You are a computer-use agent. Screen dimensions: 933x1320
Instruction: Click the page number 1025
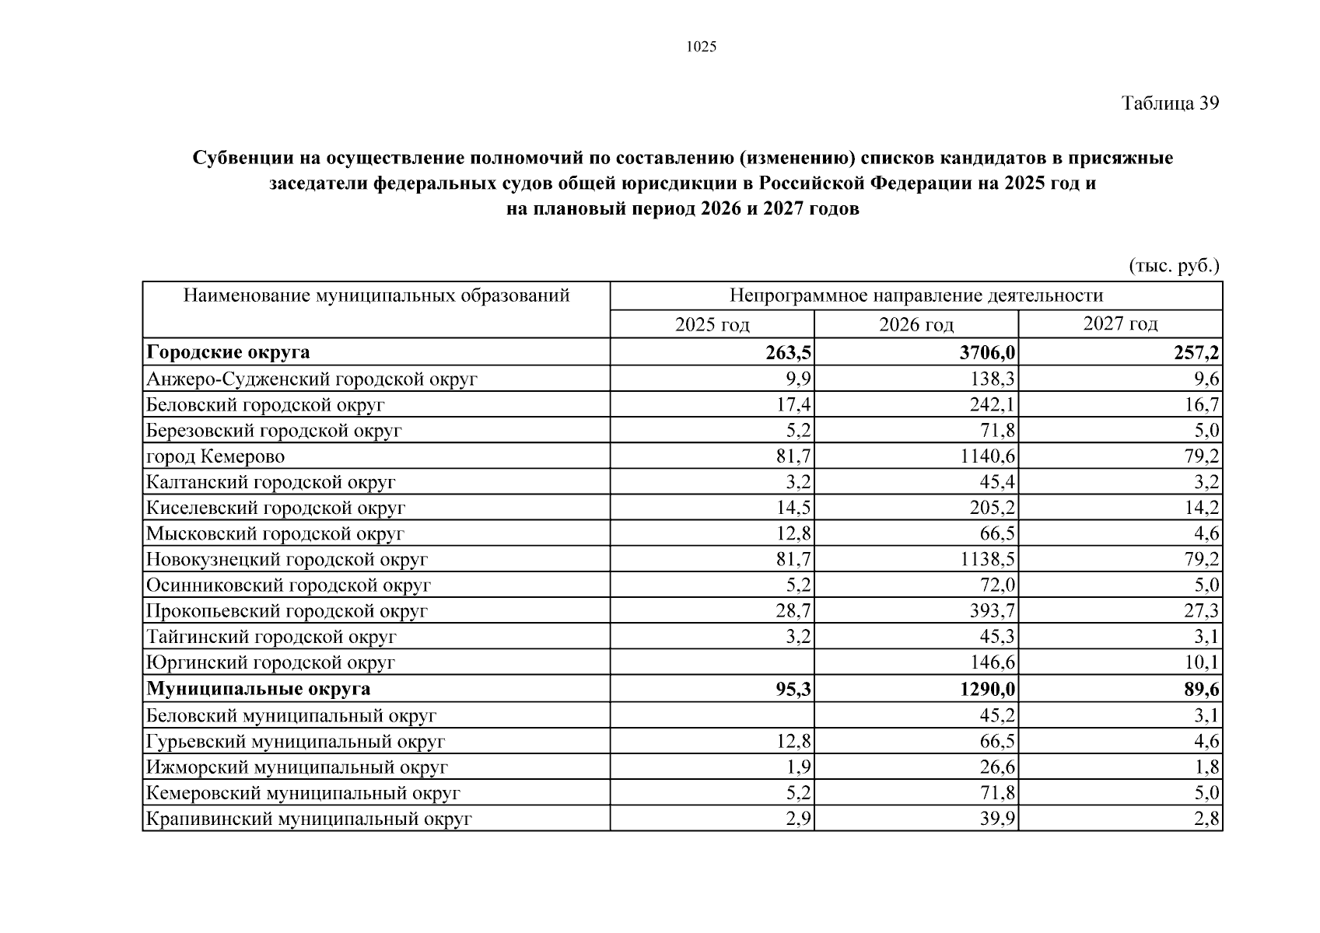click(x=701, y=47)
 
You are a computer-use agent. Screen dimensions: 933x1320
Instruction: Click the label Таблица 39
click(x=1169, y=103)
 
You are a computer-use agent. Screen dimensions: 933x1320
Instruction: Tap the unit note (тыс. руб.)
click(x=1174, y=266)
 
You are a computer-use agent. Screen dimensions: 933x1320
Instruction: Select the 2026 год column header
click(x=916, y=324)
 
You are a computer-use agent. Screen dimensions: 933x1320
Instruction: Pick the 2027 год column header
click(x=1120, y=323)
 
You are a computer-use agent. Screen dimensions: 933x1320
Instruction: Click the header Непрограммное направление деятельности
click(x=916, y=295)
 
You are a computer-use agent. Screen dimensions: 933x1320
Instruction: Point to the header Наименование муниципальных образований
click(x=376, y=295)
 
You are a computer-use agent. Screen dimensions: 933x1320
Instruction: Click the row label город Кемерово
click(x=215, y=456)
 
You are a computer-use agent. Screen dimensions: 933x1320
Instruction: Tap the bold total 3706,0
click(x=987, y=353)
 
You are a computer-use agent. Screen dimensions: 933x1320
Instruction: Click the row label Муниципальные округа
click(x=258, y=689)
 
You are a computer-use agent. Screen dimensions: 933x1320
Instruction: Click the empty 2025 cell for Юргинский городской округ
click(x=712, y=662)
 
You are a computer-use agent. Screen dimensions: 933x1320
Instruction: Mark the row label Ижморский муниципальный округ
click(x=296, y=767)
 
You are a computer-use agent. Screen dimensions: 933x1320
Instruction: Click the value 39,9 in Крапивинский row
click(x=997, y=819)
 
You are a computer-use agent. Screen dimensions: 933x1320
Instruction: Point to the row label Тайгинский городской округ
click(x=271, y=637)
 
